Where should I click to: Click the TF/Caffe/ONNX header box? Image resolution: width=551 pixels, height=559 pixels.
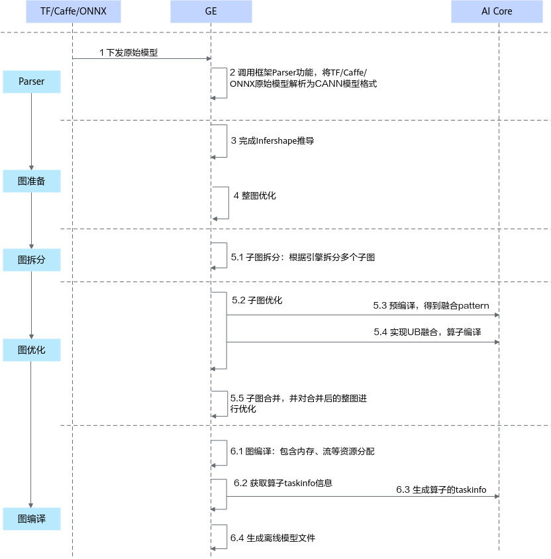pos(73,11)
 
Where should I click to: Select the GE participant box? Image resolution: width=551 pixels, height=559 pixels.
pos(211,11)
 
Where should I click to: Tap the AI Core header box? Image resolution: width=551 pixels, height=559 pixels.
pos(497,11)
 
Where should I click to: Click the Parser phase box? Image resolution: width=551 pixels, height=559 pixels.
pos(32,81)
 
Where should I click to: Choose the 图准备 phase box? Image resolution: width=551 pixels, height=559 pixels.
pos(32,181)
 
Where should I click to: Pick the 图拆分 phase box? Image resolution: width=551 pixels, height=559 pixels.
pos(32,260)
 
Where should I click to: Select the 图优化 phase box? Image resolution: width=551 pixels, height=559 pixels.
pos(32,350)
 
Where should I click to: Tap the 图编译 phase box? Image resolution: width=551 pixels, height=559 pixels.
pos(32,519)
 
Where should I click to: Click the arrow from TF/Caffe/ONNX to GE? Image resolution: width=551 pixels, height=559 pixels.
pos(141,58)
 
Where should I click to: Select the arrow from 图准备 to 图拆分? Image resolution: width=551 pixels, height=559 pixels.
pos(31,221)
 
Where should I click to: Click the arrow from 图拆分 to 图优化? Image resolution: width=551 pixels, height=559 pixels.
pos(31,305)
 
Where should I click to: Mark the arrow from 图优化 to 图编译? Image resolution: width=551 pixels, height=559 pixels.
pos(30,434)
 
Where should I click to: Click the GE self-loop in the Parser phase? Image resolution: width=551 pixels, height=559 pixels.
pos(227,83)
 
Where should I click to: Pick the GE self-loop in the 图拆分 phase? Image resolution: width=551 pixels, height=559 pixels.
pos(227,255)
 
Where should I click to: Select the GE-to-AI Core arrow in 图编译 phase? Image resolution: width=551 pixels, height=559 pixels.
pos(363,496)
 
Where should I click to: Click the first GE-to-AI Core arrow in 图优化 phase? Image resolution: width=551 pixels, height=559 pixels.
pos(363,315)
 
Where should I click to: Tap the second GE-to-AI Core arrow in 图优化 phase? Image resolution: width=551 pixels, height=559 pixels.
pos(363,342)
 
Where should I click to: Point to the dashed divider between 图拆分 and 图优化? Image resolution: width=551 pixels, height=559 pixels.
pos(305,281)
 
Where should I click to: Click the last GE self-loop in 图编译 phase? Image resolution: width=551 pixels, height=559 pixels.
pos(227,536)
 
